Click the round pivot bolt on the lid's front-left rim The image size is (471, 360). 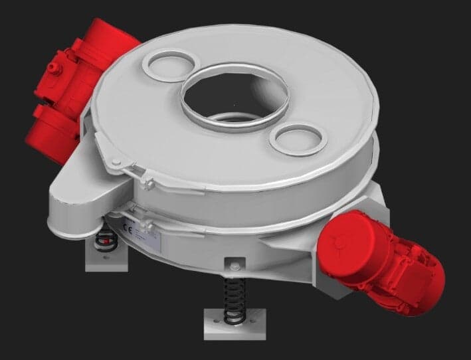pyautogui.click(x=116, y=162)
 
